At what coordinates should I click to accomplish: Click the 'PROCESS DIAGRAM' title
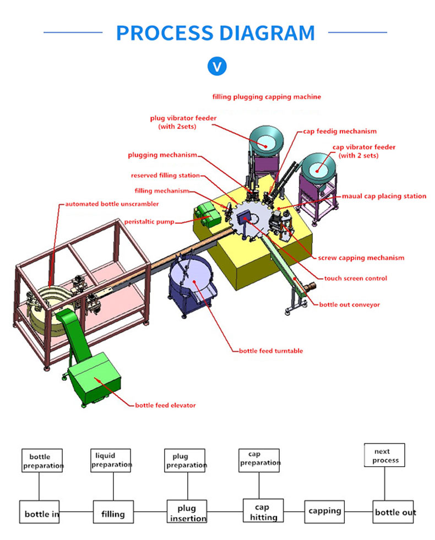tap(215, 33)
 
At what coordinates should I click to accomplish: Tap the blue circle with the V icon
tap(217, 67)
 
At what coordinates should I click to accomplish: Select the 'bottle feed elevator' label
tap(165, 406)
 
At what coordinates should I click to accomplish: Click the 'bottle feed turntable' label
tap(270, 351)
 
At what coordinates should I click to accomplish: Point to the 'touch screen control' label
tap(355, 279)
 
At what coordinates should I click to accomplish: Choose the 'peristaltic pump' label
tap(149, 222)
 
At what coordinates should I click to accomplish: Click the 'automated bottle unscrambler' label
tap(112, 204)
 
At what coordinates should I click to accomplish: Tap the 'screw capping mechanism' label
tap(361, 258)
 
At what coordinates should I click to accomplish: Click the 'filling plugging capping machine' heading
tap(267, 97)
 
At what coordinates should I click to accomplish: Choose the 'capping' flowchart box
tap(325, 511)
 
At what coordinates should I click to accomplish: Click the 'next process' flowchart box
tap(385, 456)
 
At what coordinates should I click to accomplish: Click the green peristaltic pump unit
tap(208, 214)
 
